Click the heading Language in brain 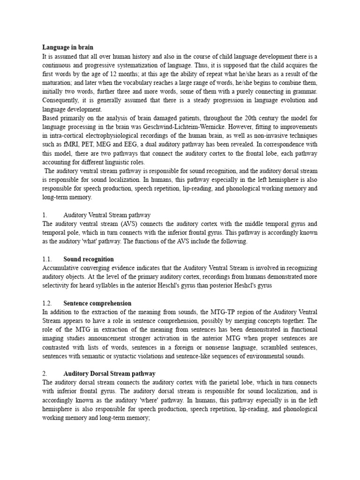68,47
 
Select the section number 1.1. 47,259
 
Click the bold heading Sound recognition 89,259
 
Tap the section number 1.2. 47,303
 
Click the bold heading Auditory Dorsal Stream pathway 109,374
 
